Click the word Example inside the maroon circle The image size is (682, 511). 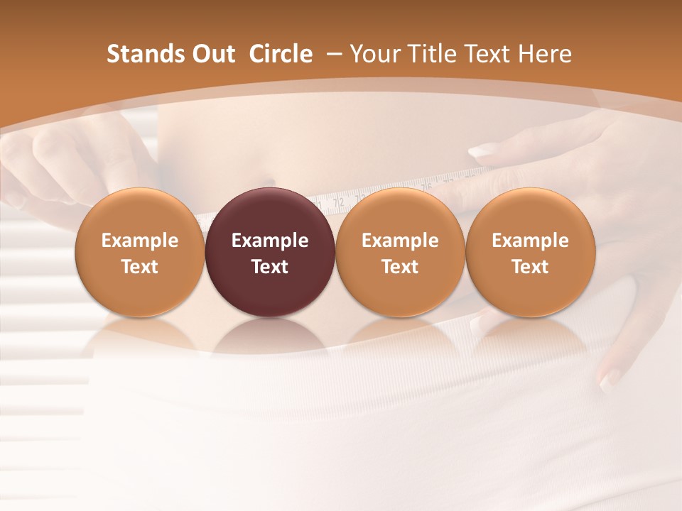(270, 241)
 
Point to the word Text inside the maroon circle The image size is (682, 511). (270, 267)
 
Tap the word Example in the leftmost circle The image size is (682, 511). (139, 241)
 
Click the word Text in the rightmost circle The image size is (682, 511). (530, 267)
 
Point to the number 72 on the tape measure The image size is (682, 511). (339, 202)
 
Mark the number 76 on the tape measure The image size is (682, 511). (426, 187)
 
